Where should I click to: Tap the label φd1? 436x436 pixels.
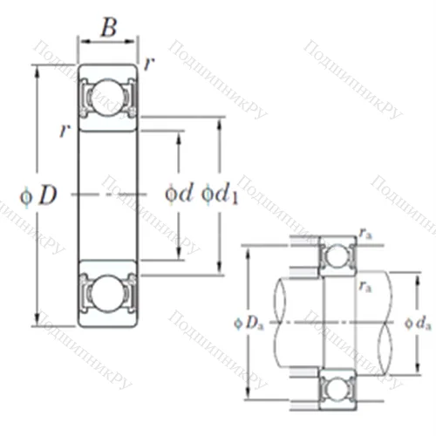pyautogui.click(x=220, y=194)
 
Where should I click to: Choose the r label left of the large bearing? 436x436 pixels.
pyautogui.click(x=63, y=131)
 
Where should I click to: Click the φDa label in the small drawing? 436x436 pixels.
pyautogui.click(x=249, y=323)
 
